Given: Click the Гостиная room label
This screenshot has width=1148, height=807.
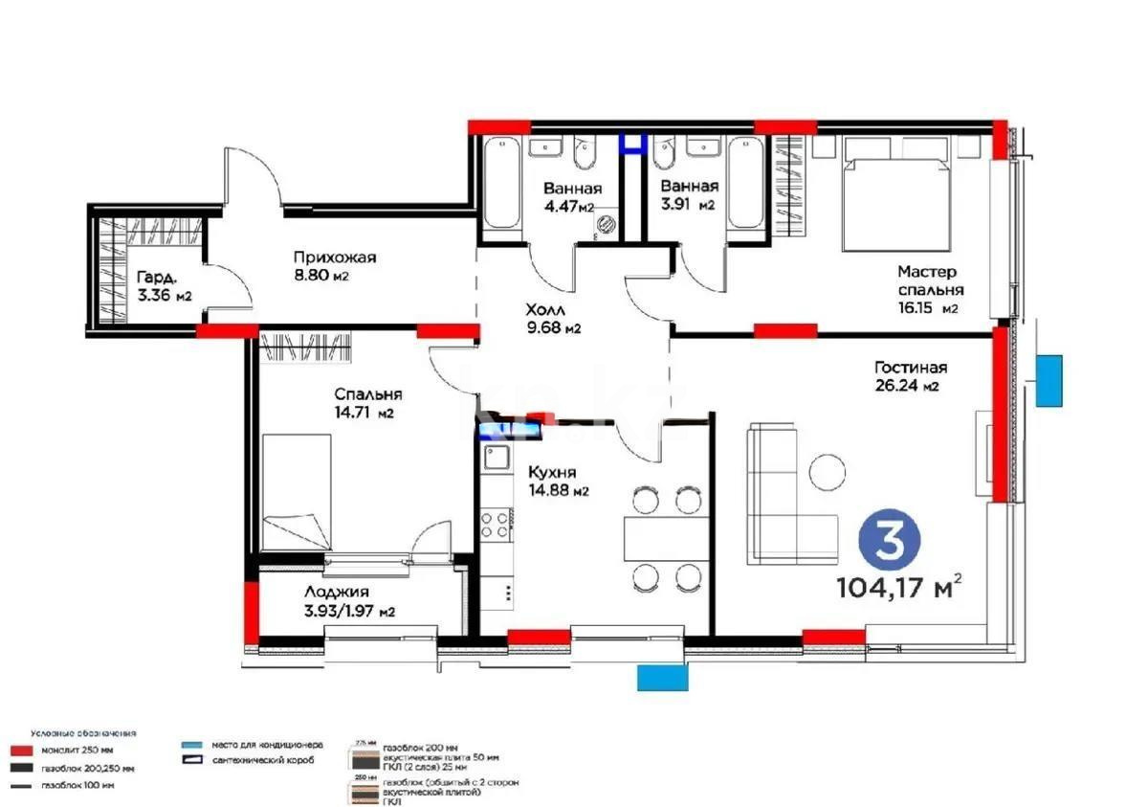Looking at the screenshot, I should (910, 368).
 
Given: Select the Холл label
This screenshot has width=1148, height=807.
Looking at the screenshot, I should (545, 310).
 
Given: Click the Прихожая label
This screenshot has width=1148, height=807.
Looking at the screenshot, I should (335, 257).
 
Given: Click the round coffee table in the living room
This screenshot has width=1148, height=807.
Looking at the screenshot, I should (826, 472).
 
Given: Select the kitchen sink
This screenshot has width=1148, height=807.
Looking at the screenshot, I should (497, 459).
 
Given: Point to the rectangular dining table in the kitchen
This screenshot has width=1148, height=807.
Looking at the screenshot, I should (664, 538).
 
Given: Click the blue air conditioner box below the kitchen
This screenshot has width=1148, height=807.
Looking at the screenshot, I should (663, 677).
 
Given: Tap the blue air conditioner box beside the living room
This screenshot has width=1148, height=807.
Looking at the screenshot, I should (1049, 378).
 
